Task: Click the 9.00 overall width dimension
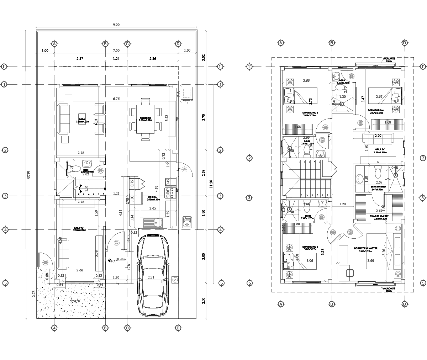[116, 25]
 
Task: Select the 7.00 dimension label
[116, 51]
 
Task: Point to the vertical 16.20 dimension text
[28, 174]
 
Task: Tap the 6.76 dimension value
[116, 99]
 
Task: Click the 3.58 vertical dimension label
[167, 118]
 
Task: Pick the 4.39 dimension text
[157, 189]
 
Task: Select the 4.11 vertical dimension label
[121, 213]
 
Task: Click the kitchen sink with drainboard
[152, 223]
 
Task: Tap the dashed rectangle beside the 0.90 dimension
[186, 93]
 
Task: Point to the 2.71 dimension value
[151, 277]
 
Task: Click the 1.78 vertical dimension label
[129, 267]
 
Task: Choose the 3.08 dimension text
[96, 253]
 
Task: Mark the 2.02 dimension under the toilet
[86, 174]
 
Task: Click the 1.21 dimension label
[116, 194]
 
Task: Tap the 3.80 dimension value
[370, 261]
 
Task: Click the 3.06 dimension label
[310, 261]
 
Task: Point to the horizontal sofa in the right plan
[378, 138]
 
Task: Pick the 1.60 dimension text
[297, 224]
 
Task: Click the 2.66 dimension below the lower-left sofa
[79, 271]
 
